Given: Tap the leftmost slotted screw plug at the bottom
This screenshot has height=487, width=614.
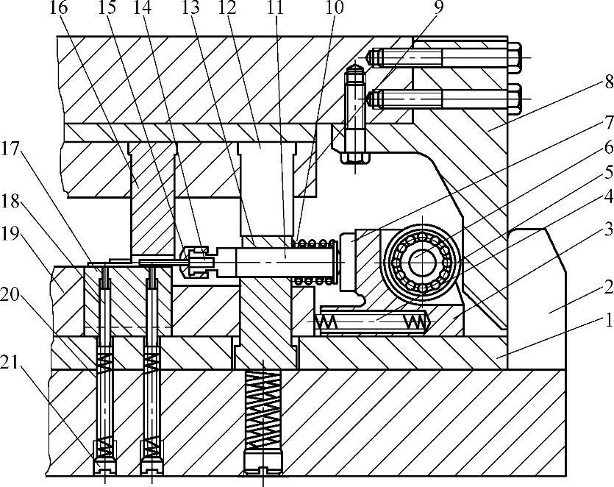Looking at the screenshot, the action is click(105, 465).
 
